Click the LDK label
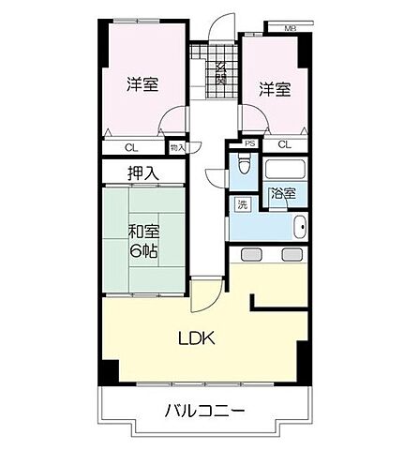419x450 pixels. pyautogui.click(x=197, y=337)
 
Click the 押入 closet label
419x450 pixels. pyautogui.click(x=143, y=173)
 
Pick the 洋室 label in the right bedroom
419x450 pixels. pyautogui.click(x=275, y=89)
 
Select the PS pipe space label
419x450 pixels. pyautogui.click(x=250, y=143)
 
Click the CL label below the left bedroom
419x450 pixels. pyautogui.click(x=131, y=146)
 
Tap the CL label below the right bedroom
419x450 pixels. pyautogui.click(x=284, y=144)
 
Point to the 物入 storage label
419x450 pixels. pyautogui.click(x=178, y=146)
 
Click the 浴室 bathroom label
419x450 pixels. pyautogui.click(x=282, y=194)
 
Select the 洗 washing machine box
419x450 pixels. pyautogui.click(x=243, y=205)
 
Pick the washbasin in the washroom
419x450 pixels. pyautogui.click(x=299, y=228)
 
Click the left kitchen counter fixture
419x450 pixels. pyautogui.click(x=250, y=254)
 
